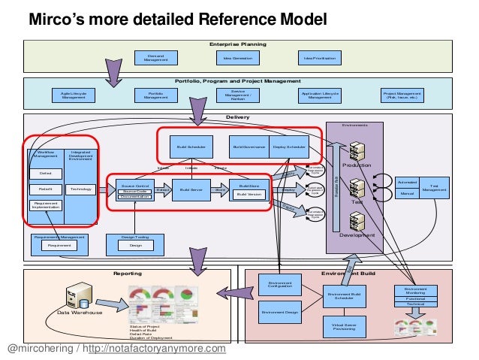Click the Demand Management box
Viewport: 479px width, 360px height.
pyautogui.click(x=155, y=58)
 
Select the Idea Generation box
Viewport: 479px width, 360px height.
pyautogui.click(x=238, y=58)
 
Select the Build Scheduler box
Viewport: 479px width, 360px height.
pyautogui.click(x=186, y=147)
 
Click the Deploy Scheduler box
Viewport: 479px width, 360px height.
pyautogui.click(x=288, y=147)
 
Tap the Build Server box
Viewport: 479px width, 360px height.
pyautogui.click(x=191, y=191)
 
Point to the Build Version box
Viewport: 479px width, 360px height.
pyautogui.click(x=249, y=195)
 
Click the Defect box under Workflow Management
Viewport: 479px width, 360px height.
pyautogui.click(x=45, y=174)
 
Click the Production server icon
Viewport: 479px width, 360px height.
pyautogui.click(x=357, y=150)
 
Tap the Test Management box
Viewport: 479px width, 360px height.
pyautogui.click(x=433, y=189)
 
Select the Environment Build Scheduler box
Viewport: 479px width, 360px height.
pyautogui.click(x=345, y=296)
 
